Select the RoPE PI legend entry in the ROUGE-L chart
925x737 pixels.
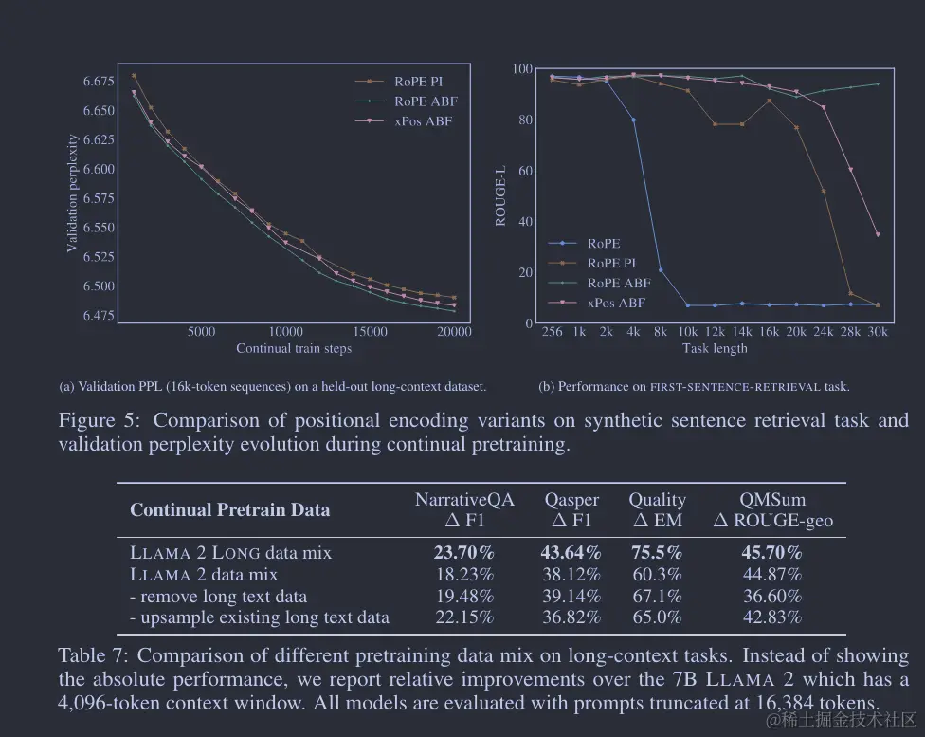[610, 263]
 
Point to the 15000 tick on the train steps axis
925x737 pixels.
[371, 331]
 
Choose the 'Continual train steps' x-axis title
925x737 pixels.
[294, 348]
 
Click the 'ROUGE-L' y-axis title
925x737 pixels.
[500, 196]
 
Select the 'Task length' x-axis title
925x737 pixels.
[715, 348]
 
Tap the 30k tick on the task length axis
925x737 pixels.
[878, 331]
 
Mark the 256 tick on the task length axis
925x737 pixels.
[552, 331]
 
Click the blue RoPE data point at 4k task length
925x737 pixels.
[633, 120]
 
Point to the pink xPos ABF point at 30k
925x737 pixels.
[878, 234]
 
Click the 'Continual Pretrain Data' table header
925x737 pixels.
[229, 510]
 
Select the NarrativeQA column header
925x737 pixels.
[464, 500]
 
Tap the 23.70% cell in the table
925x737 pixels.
[463, 552]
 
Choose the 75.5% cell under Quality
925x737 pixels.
[656, 552]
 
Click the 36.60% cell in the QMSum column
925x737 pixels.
[771, 596]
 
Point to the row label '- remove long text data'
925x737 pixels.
[218, 596]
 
